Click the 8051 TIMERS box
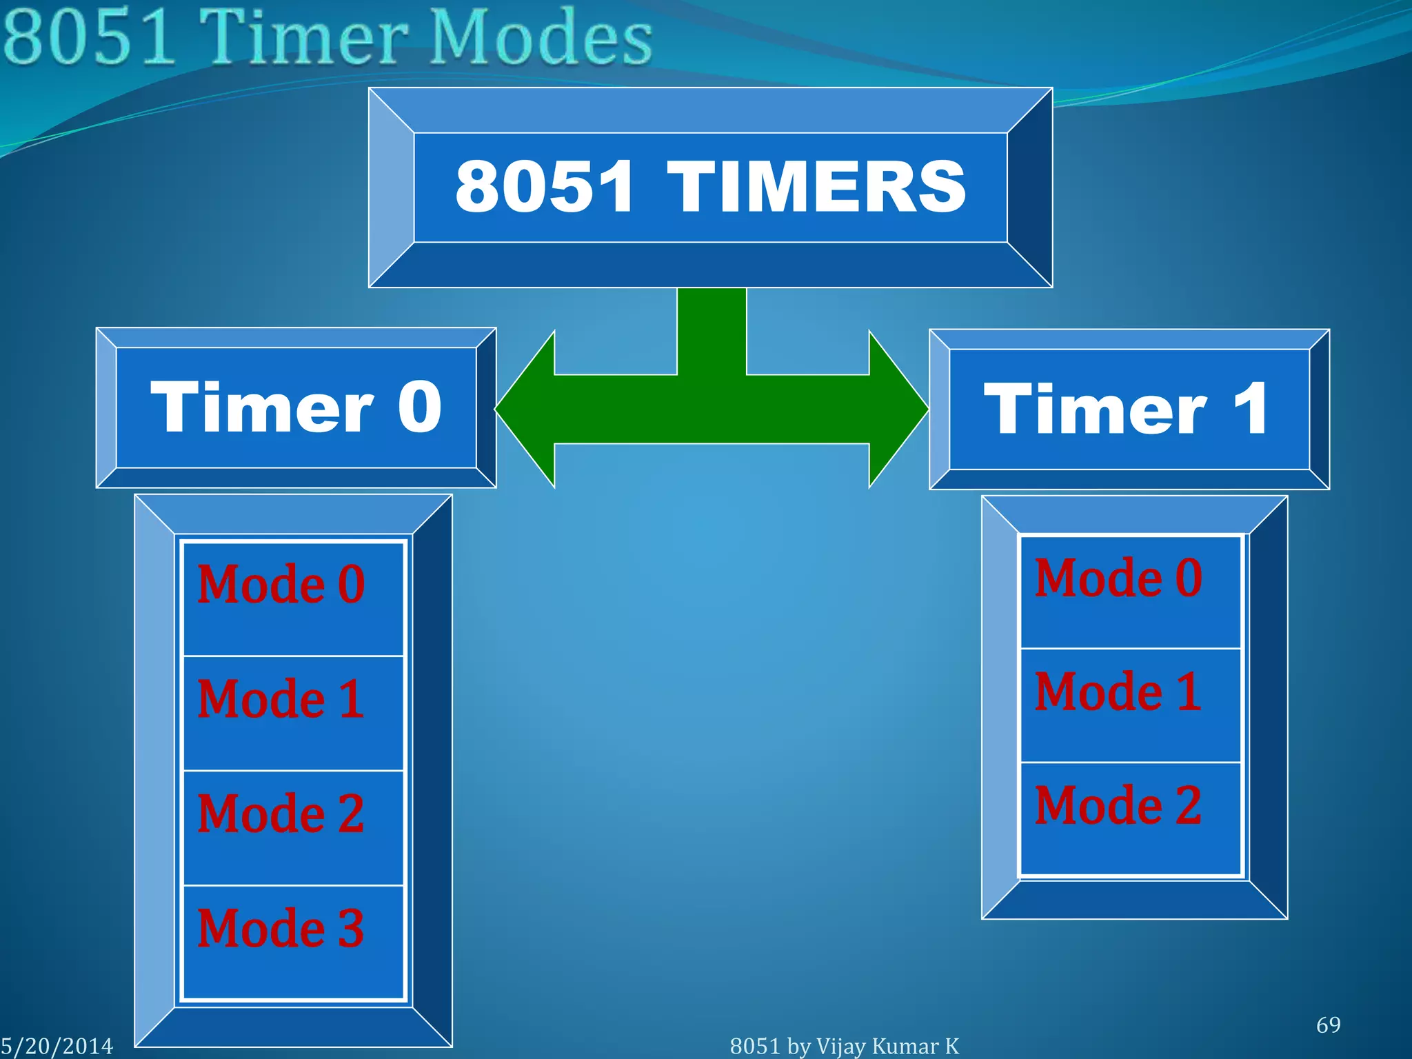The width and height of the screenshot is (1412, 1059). click(x=710, y=187)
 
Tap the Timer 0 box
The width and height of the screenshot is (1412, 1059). click(x=296, y=407)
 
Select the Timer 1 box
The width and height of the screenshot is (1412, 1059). click(x=1129, y=410)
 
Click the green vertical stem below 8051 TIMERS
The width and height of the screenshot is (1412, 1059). click(x=712, y=331)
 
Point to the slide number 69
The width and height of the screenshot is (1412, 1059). click(x=1328, y=1025)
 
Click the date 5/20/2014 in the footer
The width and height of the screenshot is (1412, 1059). click(x=57, y=1046)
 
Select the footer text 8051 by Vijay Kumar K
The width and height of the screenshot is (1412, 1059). click(x=844, y=1046)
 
